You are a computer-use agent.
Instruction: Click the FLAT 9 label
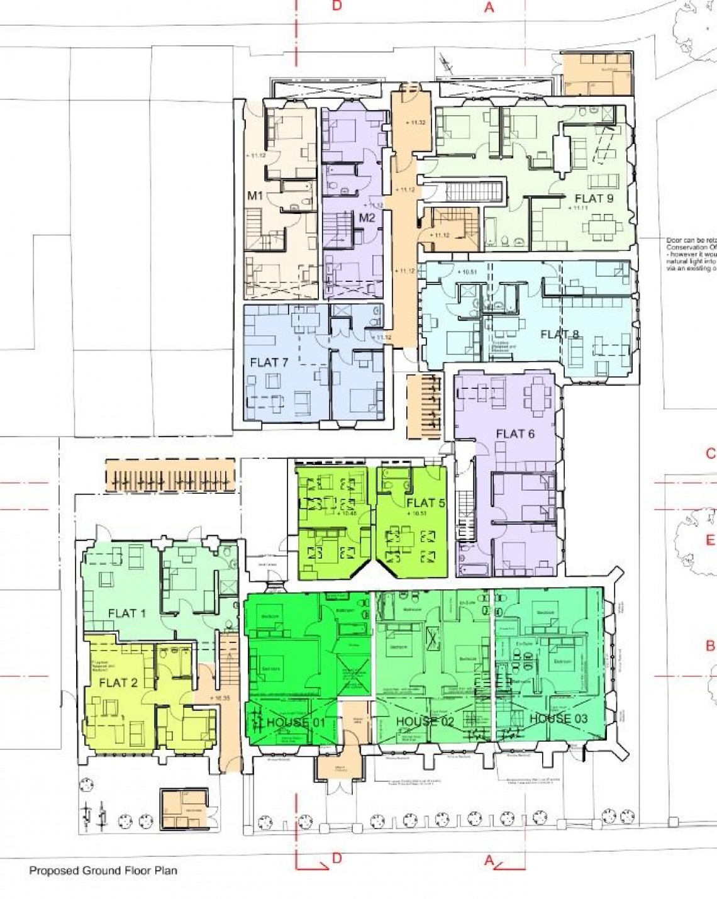594,198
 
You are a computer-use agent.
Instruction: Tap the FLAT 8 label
560,334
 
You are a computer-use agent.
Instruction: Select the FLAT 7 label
269,362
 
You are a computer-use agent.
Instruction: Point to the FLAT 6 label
515,434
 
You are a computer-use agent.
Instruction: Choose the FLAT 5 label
425,503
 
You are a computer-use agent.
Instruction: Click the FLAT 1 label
126,613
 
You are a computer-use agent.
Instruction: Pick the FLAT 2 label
118,683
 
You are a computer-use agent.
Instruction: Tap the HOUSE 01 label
296,722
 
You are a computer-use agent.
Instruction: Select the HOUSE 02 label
425,721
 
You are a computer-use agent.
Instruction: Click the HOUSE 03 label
559,718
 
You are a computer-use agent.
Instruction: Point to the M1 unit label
255,196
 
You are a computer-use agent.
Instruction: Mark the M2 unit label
367,218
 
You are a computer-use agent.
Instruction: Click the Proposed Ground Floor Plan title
103,871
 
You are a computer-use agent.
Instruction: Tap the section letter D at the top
337,6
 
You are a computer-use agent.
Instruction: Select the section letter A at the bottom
489,861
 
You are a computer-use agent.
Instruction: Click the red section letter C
710,454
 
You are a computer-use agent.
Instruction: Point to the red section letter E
710,540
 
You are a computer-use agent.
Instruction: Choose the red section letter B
710,645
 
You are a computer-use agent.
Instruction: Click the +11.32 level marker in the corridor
415,123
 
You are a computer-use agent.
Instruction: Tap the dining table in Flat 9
603,226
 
